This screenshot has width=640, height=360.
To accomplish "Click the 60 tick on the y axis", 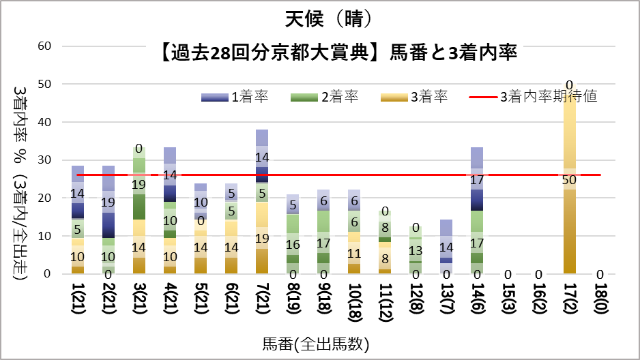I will pyautogui.click(x=46, y=46).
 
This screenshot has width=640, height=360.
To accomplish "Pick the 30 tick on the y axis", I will pyautogui.click(x=46, y=160).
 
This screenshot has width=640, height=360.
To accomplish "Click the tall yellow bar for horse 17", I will pyautogui.click(x=569, y=225).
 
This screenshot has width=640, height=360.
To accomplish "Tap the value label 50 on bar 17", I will pyautogui.click(x=569, y=180).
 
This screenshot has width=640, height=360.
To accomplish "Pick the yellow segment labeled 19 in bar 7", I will pyautogui.click(x=261, y=239).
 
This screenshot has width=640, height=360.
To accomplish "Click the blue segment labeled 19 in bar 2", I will pyautogui.click(x=108, y=202).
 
